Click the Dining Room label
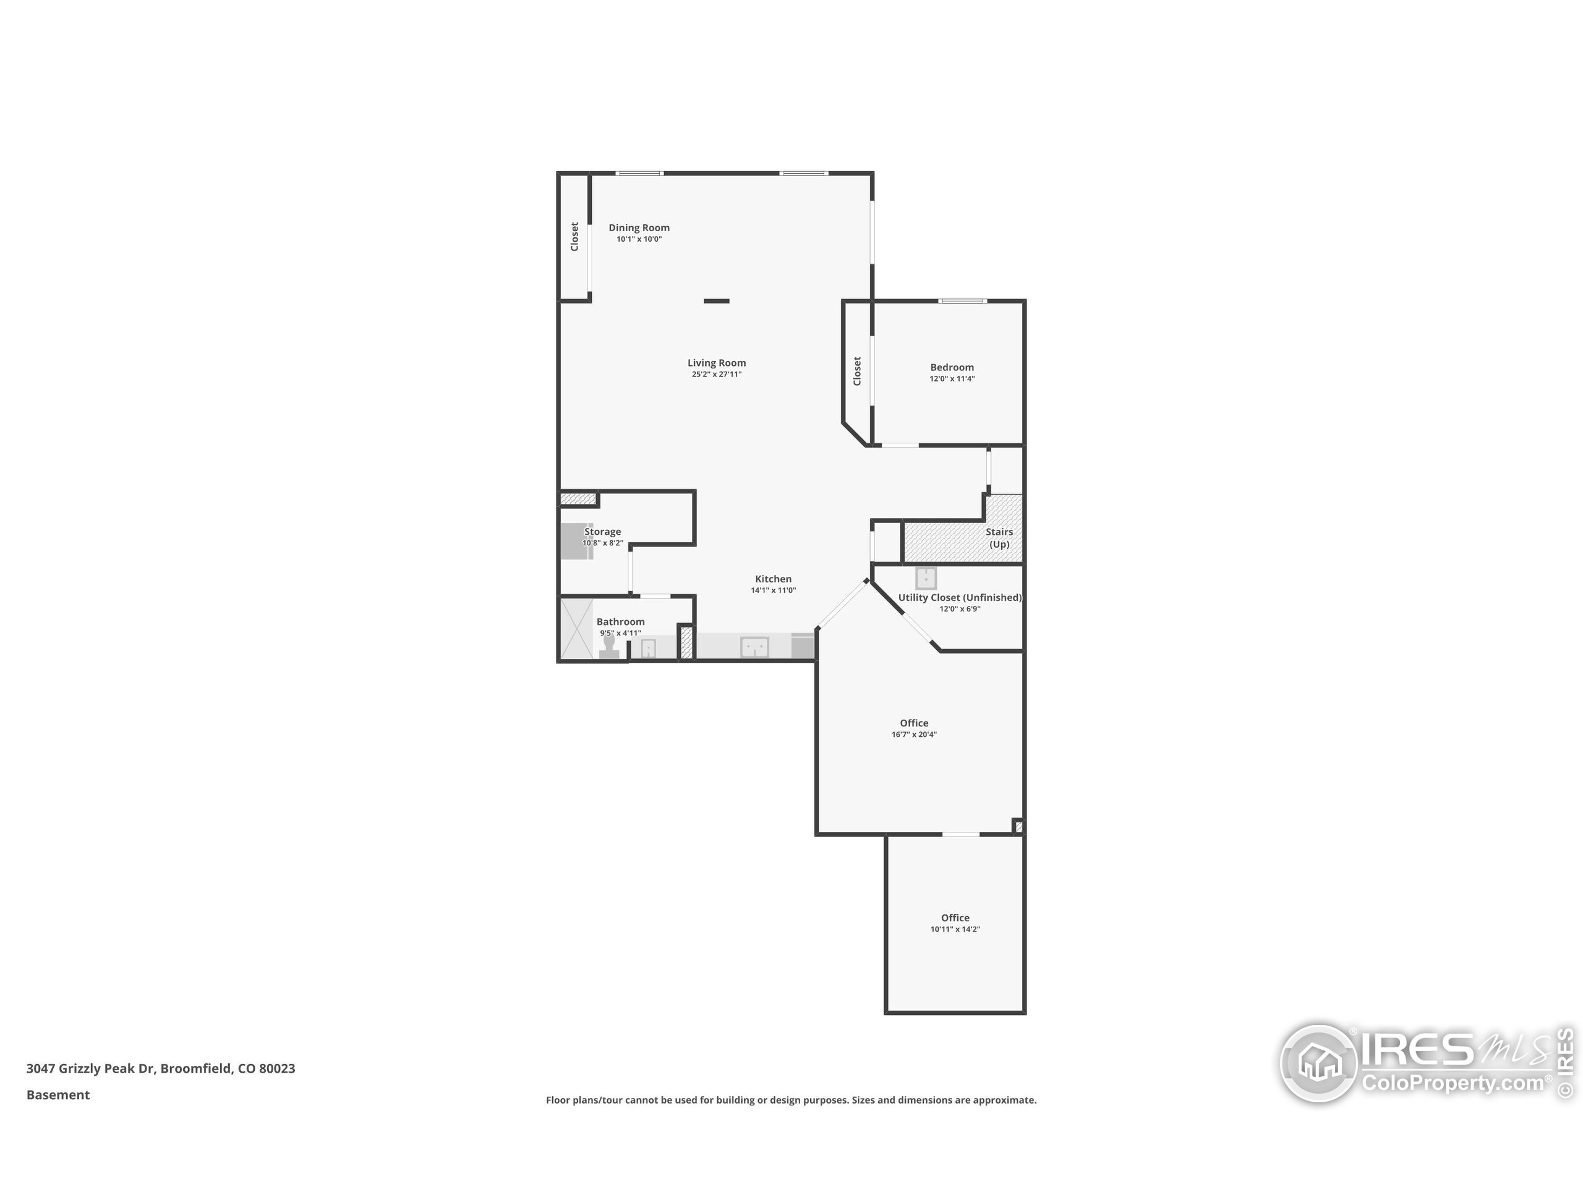click(639, 228)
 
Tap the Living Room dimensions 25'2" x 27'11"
click(716, 374)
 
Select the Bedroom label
click(952, 367)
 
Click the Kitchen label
click(773, 579)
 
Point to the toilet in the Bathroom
click(609, 647)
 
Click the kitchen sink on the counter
click(754, 647)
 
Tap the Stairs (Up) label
click(999, 537)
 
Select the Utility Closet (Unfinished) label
click(960, 597)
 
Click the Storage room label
click(602, 532)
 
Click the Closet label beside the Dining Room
click(574, 237)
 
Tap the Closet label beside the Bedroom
click(857, 372)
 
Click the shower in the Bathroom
click(576, 629)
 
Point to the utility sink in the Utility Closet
click(926, 577)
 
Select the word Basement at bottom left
click(58, 1095)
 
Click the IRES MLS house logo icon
click(1318, 1063)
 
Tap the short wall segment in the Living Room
click(716, 301)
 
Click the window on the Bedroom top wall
click(963, 301)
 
